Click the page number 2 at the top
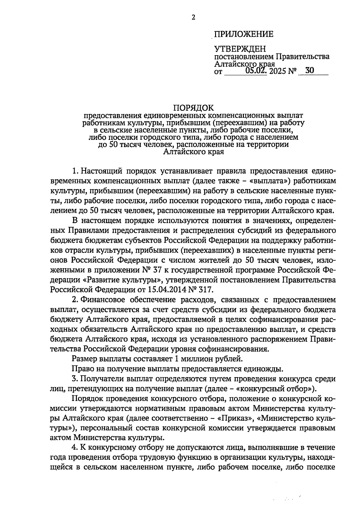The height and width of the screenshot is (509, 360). pos(193,18)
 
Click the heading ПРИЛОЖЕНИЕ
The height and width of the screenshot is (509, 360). pos(244,34)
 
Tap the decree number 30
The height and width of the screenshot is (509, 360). pos(309,71)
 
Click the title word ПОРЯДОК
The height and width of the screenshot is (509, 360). pos(193,107)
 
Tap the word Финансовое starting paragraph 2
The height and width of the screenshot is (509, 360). pos(105,300)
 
